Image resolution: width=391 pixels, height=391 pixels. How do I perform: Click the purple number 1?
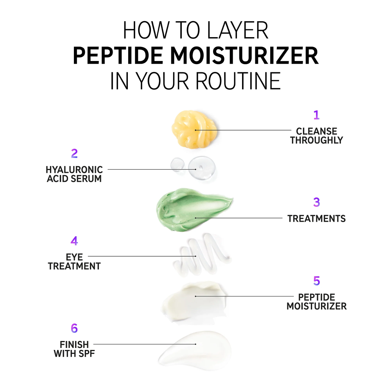tap(316, 115)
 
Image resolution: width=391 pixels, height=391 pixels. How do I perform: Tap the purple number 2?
tap(74, 153)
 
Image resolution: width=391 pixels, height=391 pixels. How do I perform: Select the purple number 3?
tap(316, 202)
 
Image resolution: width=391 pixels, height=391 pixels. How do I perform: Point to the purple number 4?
tap(74, 241)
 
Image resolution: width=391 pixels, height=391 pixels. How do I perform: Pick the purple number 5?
tap(317, 281)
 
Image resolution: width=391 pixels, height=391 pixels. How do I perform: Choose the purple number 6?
tap(74, 328)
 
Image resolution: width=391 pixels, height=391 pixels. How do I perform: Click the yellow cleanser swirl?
tap(194, 129)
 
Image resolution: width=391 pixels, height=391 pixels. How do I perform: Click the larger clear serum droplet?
tap(202, 168)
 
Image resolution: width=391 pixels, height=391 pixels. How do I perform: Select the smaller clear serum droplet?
tap(178, 165)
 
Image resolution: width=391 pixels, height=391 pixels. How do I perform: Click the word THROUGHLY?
tap(316, 140)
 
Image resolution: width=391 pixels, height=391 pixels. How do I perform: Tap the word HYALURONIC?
tap(74, 170)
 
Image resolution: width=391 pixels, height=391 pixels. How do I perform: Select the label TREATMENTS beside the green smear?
tap(316, 219)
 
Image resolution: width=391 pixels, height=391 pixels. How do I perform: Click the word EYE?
tap(74, 257)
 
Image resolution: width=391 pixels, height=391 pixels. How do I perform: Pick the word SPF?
tap(87, 353)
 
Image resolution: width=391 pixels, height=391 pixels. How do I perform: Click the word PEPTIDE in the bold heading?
tap(118, 56)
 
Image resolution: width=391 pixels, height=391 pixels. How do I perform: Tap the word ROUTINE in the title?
tap(238, 81)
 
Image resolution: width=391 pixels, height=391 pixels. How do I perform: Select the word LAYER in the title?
tap(238, 30)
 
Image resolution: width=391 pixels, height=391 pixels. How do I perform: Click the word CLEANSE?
tap(316, 131)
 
